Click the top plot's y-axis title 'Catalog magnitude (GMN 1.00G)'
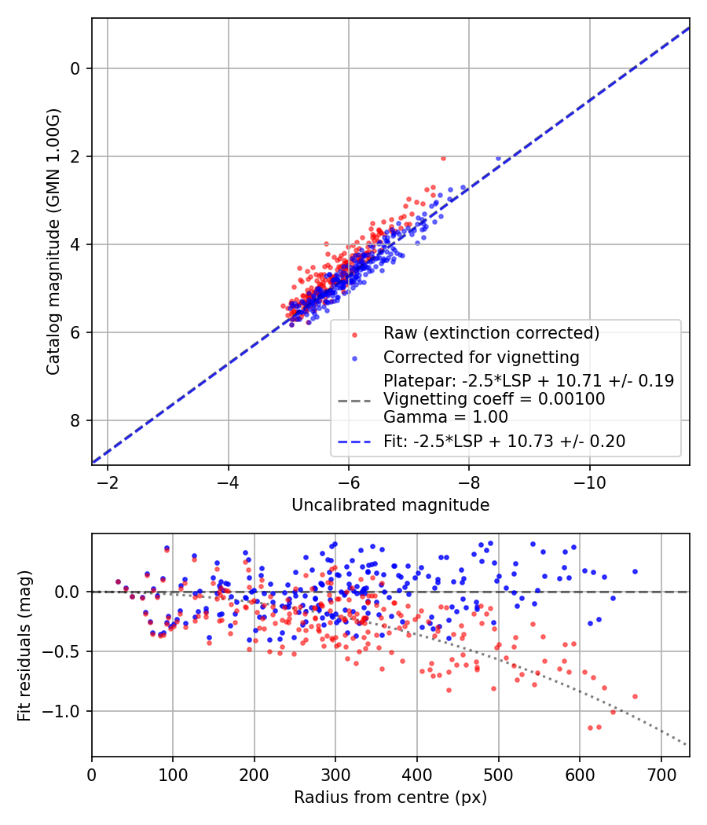(x=53, y=240)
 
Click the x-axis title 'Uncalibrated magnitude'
(x=390, y=505)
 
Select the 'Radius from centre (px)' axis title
(x=390, y=797)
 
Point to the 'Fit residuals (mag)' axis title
(x=24, y=645)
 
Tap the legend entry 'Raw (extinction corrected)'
(x=491, y=333)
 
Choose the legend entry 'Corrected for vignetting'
(x=482, y=357)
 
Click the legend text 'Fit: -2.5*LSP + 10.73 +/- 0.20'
(x=504, y=442)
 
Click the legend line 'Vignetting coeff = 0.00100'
(x=494, y=399)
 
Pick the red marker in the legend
(x=354, y=334)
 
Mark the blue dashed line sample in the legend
(x=354, y=442)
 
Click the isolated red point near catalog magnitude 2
(x=443, y=158)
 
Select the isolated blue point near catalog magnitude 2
(x=498, y=158)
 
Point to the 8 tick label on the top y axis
(x=75, y=420)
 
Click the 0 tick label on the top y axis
(x=75, y=68)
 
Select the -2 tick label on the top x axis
(x=108, y=482)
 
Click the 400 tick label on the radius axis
(x=416, y=774)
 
